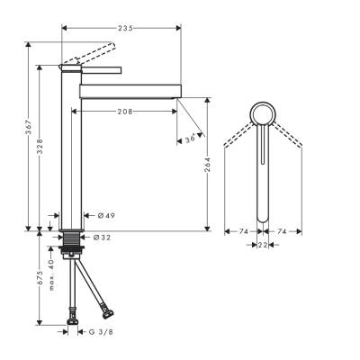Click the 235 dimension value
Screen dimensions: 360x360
126,29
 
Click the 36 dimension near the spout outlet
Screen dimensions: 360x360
189,138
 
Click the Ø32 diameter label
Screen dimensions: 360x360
101,237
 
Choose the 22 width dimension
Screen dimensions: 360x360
263,244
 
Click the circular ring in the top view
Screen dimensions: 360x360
263,114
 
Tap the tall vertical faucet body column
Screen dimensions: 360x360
70,153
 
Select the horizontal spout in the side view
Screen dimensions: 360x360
130,90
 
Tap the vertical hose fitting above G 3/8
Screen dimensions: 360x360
73,316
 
